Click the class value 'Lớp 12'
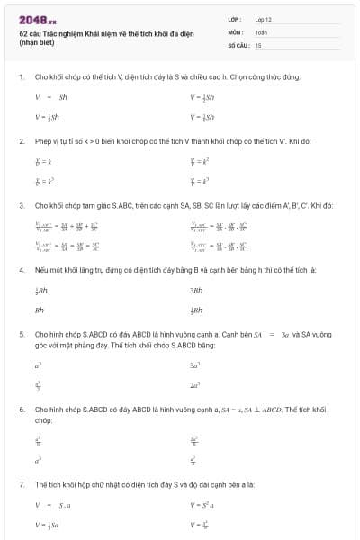point(263,19)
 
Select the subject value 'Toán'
point(261,31)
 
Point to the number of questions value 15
point(258,44)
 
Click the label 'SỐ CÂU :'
point(238,44)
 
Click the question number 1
point(21,77)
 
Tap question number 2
point(21,141)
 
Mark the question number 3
point(21,206)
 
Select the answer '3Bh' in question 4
point(196,291)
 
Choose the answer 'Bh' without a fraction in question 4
point(40,310)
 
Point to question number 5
point(21,334)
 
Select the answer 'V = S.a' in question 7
point(52,505)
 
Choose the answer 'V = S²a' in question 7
point(201,505)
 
